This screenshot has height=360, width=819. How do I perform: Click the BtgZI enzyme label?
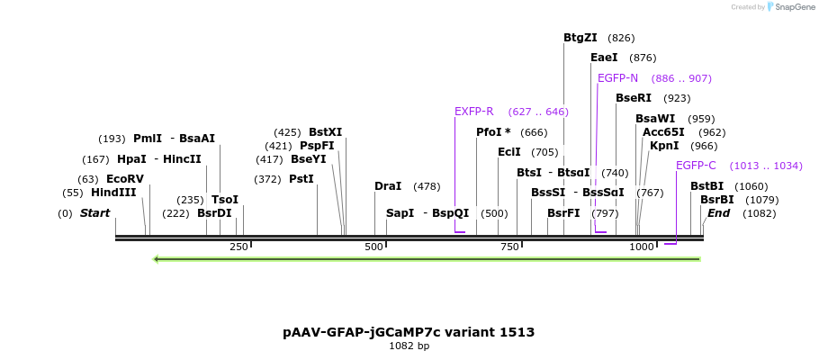tap(580, 38)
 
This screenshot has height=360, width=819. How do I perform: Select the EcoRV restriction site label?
tap(124, 179)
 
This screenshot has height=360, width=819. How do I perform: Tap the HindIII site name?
tap(113, 193)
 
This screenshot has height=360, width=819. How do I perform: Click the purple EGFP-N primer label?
tap(617, 78)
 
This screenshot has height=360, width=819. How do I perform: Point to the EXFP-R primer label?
tap(473, 112)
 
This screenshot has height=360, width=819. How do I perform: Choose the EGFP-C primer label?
tap(696, 166)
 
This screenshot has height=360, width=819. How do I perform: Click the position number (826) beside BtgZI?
tap(621, 38)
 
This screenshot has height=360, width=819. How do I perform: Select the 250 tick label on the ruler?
tap(238, 247)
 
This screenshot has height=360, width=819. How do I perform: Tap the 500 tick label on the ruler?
tap(374, 247)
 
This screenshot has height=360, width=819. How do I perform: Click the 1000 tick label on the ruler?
tap(641, 247)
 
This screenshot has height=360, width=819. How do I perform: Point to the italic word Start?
tap(94, 213)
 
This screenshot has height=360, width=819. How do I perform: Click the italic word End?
tap(718, 213)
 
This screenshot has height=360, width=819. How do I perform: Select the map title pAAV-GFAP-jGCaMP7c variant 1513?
tap(409, 332)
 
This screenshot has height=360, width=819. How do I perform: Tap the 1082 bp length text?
tap(409, 346)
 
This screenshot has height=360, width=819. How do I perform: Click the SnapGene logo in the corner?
tap(791, 7)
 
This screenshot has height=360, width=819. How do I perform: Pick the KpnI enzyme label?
tap(664, 146)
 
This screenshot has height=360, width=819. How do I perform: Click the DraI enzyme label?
tap(388, 186)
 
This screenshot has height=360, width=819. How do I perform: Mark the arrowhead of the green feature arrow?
tap(157, 259)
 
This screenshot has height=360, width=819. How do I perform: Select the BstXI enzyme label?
tap(325, 132)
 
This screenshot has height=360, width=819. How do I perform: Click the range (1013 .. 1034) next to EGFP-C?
tap(753, 166)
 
